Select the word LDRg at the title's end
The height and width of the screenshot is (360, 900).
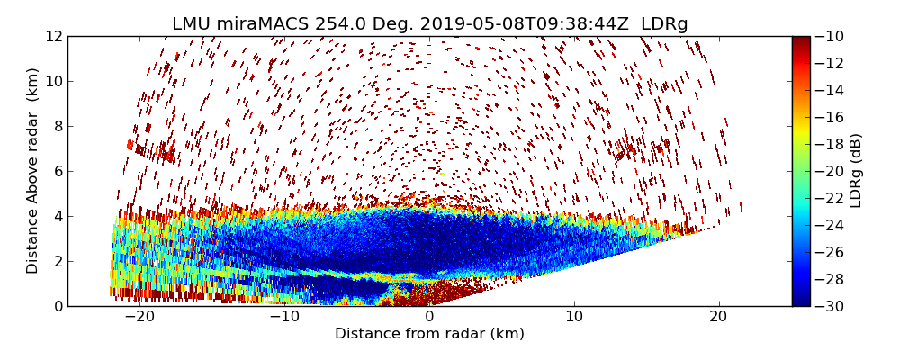click(664, 24)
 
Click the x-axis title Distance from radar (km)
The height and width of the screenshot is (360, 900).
click(429, 334)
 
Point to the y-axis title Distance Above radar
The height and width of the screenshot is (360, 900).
click(33, 171)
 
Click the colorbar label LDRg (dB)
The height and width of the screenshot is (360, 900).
click(856, 171)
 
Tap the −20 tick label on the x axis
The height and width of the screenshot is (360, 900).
click(138, 317)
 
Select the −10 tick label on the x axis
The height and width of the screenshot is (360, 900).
click(283, 317)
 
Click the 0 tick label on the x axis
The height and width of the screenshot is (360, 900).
click(429, 317)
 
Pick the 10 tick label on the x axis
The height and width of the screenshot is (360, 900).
click(574, 317)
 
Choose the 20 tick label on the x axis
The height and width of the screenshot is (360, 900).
click(718, 317)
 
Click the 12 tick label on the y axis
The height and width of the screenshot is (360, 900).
click(54, 37)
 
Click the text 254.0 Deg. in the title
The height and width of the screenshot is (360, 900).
click(355, 24)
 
